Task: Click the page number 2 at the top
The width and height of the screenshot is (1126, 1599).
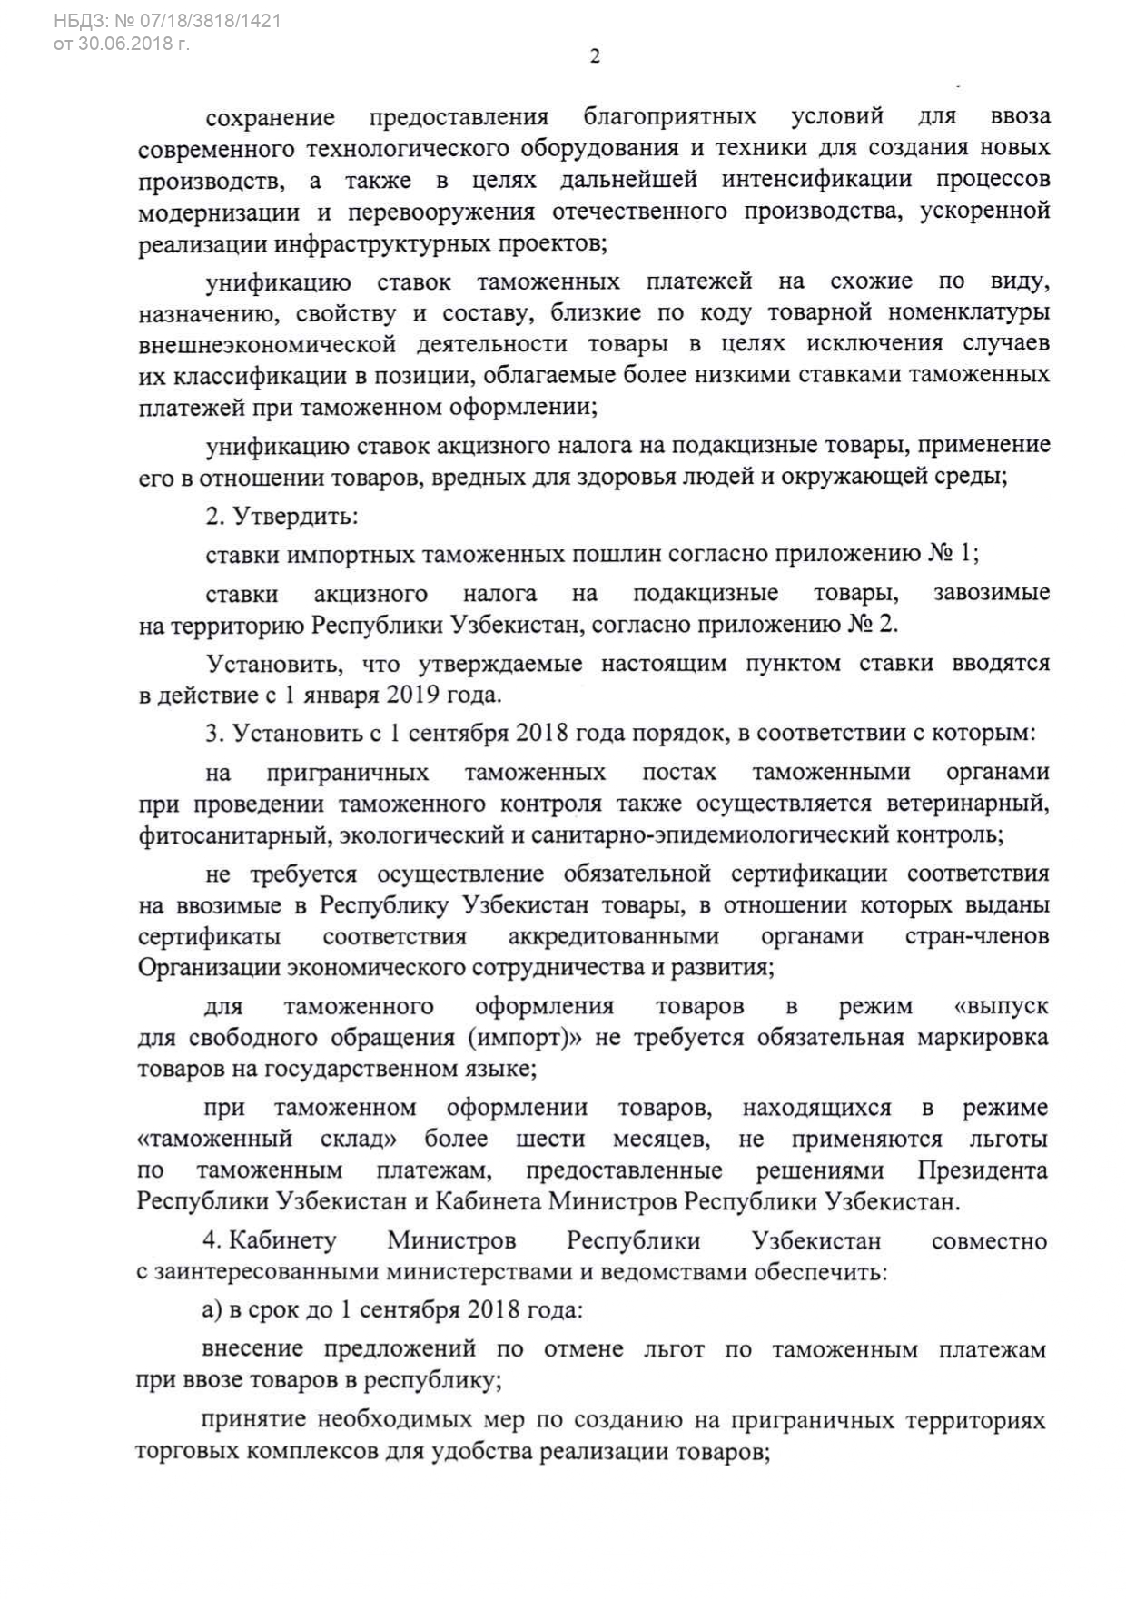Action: coord(595,56)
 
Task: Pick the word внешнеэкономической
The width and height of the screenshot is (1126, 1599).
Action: coord(268,344)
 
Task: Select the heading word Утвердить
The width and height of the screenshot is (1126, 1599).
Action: coord(295,517)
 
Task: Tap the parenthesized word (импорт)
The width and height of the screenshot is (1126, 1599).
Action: coord(523,1037)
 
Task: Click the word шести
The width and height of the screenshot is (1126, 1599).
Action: coord(550,1139)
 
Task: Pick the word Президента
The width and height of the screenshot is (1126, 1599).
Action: coord(982,1170)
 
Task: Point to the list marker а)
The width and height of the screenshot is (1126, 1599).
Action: coord(213,1310)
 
